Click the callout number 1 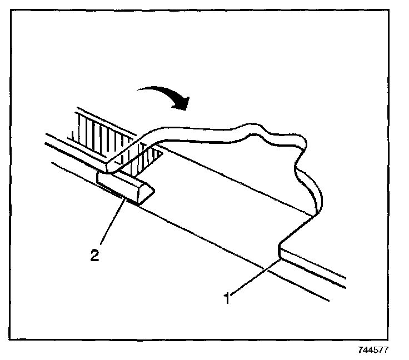point(226,298)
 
